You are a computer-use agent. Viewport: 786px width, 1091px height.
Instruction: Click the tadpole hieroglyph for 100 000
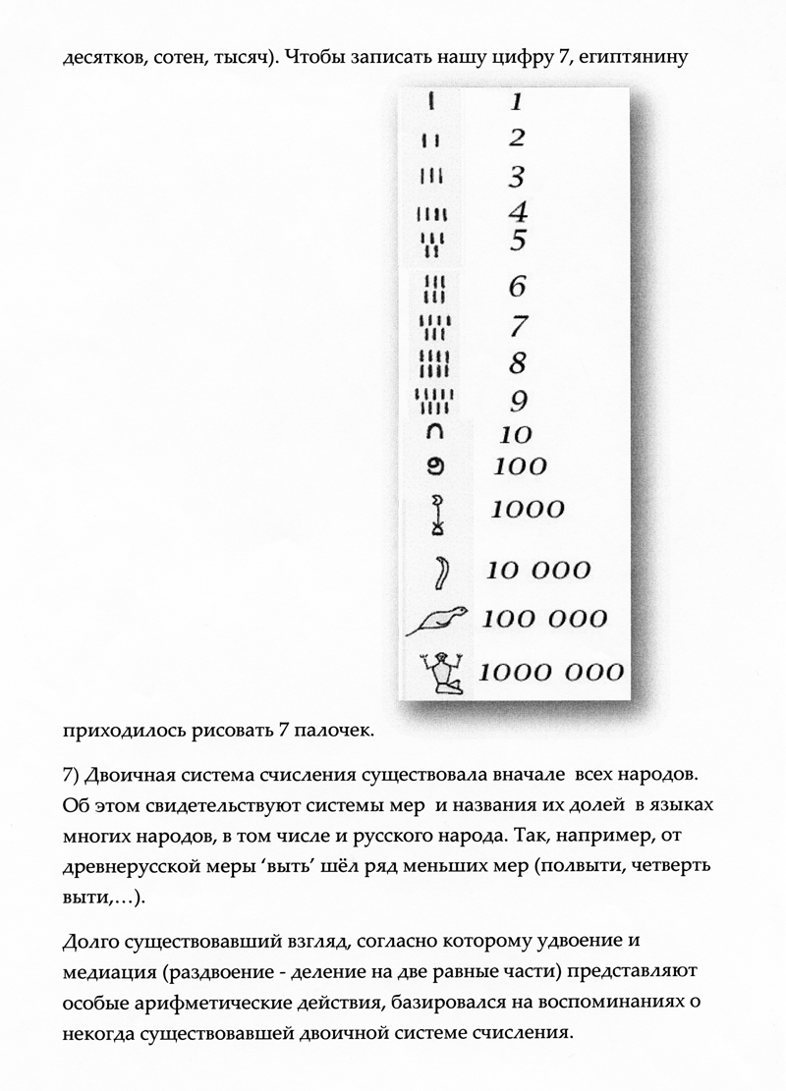[x=437, y=620]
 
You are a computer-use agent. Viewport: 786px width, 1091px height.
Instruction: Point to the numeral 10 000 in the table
[x=539, y=570]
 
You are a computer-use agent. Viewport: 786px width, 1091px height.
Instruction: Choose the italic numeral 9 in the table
[x=518, y=400]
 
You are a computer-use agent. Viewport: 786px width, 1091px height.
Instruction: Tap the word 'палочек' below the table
[x=317, y=732]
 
